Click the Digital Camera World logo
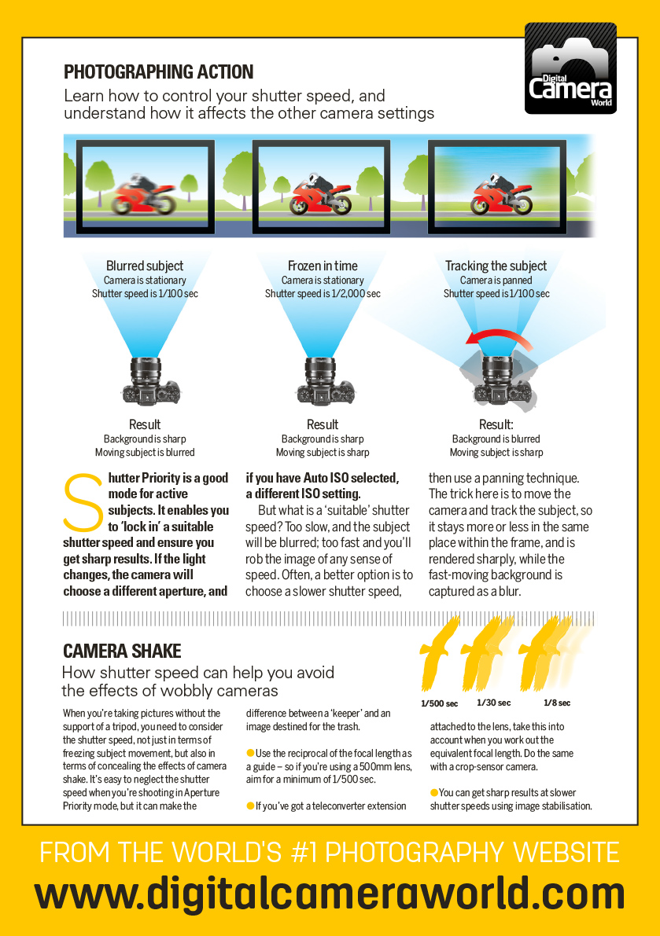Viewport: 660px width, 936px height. point(570,68)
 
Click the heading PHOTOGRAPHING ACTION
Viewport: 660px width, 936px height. point(158,72)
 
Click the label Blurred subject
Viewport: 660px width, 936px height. point(145,266)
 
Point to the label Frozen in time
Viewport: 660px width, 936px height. point(323,266)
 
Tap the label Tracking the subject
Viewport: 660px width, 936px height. point(496,266)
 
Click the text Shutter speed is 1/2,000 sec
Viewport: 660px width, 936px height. point(323,294)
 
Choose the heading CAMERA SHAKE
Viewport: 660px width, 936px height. point(122,651)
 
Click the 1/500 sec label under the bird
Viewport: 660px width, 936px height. point(438,703)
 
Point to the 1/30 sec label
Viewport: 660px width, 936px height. point(493,703)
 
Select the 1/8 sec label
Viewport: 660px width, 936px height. point(557,703)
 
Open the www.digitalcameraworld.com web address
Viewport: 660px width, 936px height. point(330,894)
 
